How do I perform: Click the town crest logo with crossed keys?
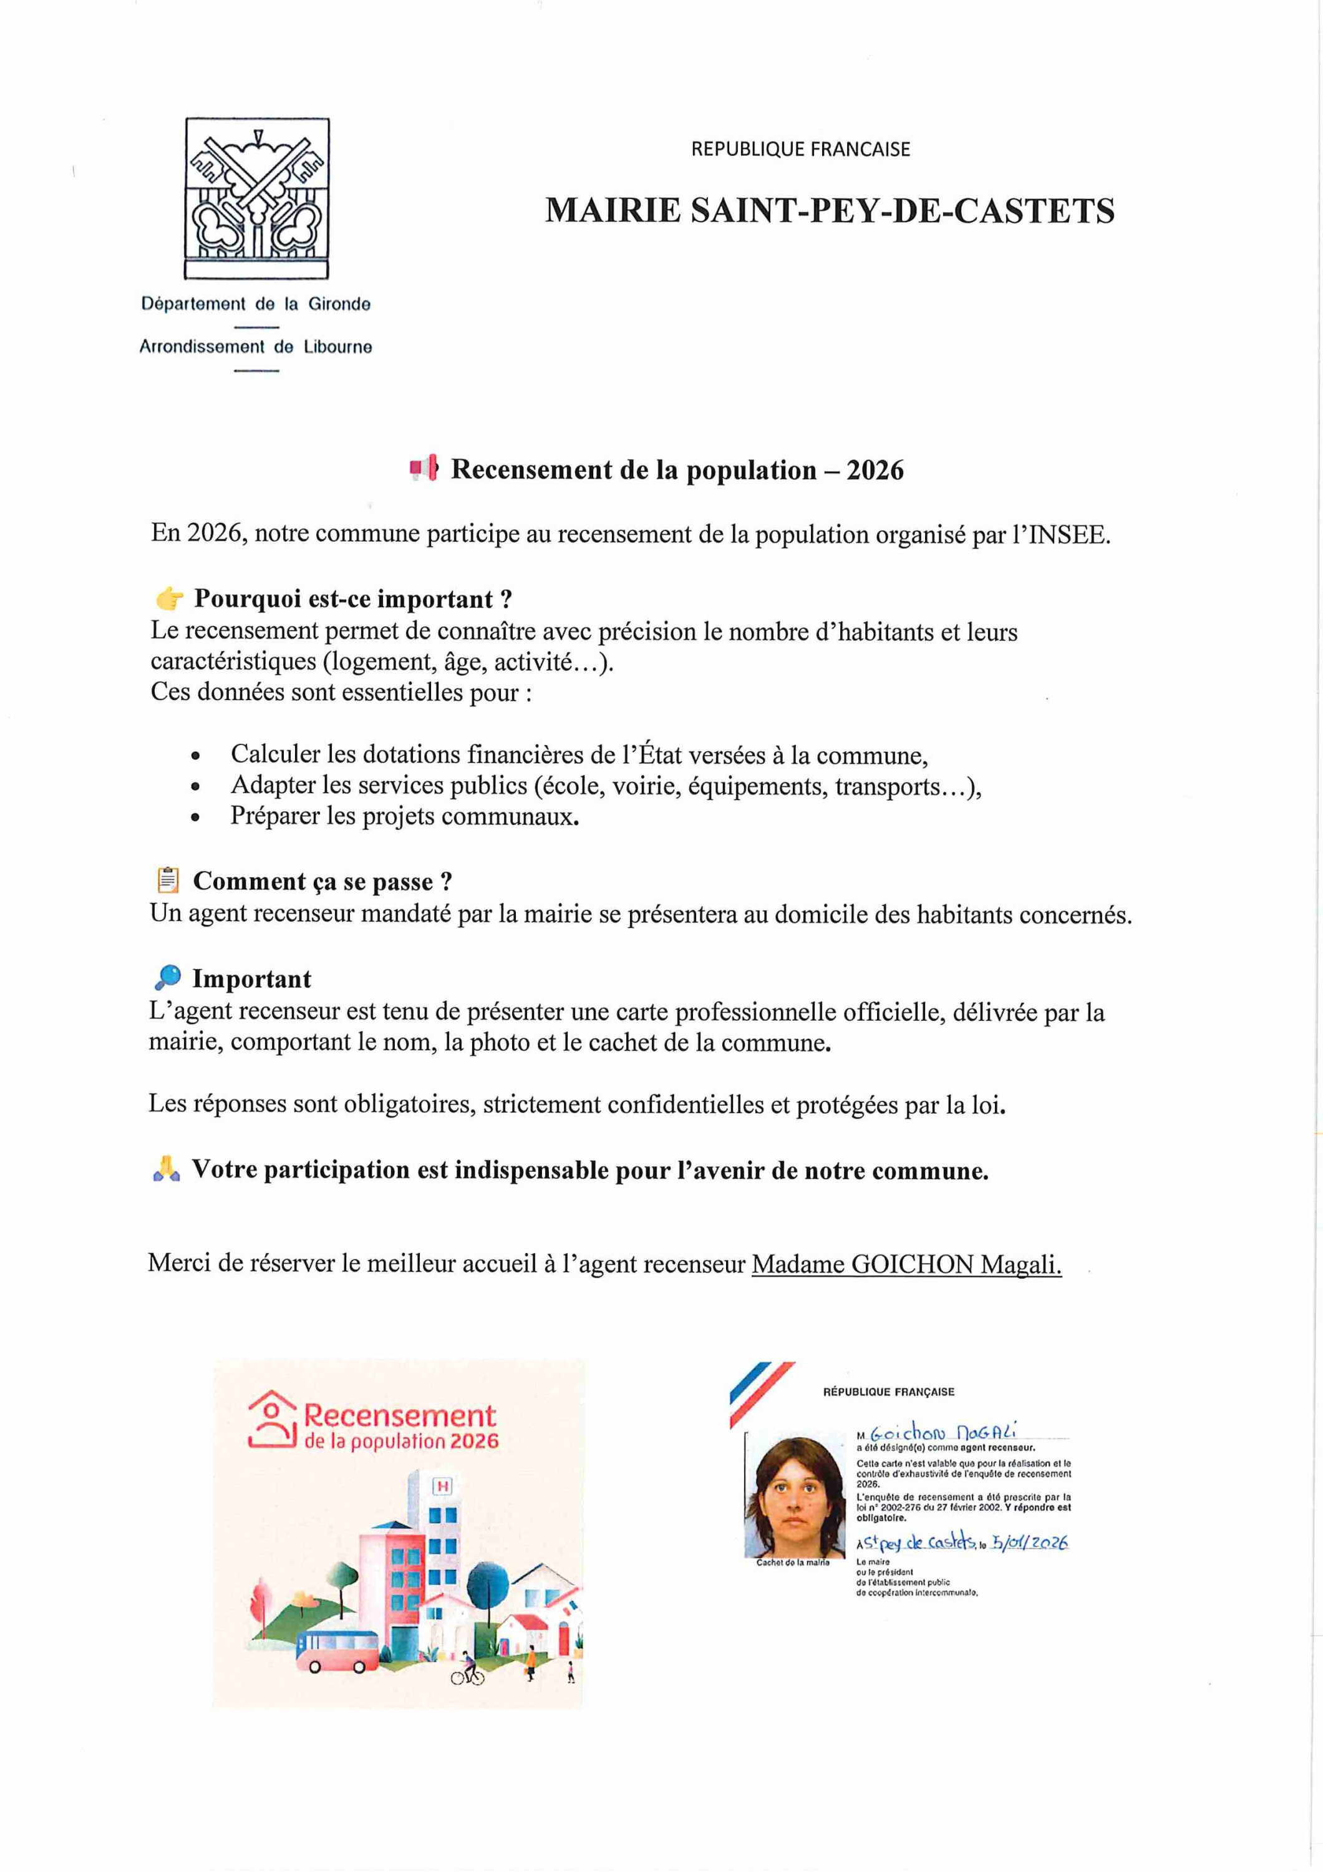coord(257,198)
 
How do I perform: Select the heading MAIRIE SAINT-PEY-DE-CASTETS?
coord(829,211)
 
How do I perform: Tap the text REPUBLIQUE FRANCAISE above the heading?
coord(800,149)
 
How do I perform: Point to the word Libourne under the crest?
coord(337,348)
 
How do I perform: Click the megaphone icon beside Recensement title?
coord(424,468)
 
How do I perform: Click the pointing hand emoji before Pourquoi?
coord(170,599)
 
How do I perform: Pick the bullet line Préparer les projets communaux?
coord(404,816)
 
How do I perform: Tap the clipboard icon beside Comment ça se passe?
coord(168,880)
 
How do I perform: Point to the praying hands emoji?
coord(167,1170)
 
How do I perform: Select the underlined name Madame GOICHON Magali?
coord(906,1265)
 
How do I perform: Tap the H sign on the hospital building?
coord(443,1486)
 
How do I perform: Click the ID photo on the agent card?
coord(795,1498)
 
